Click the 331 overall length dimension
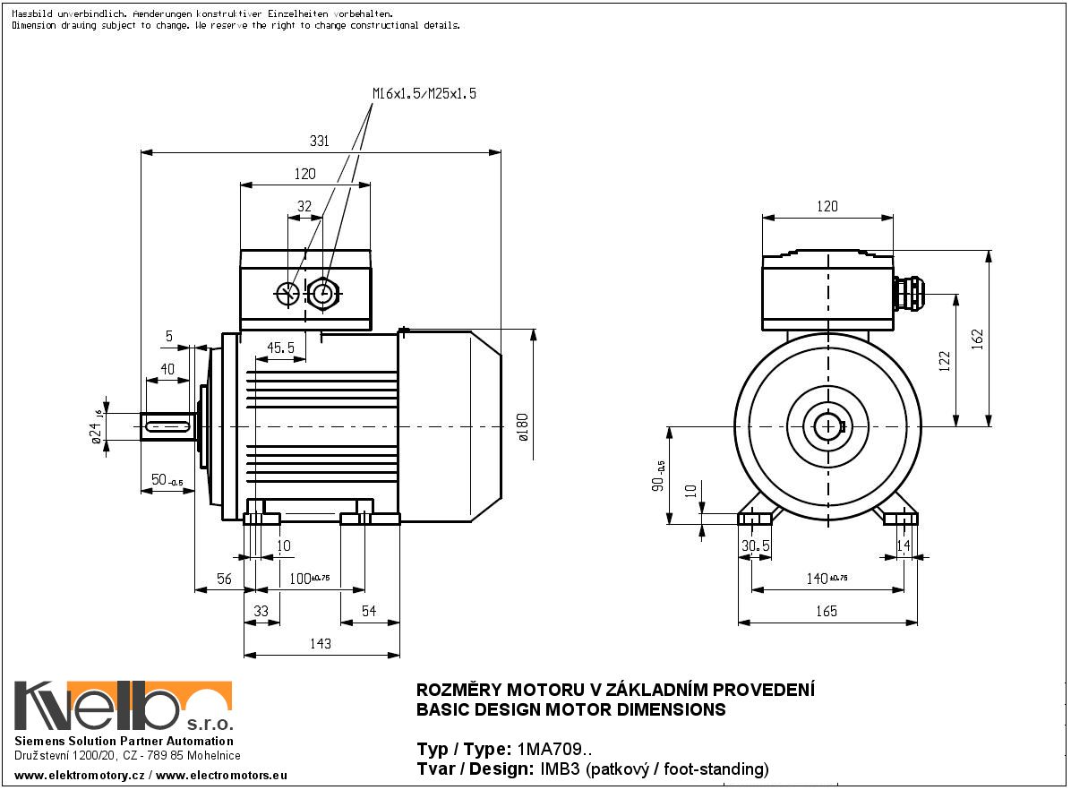click(320, 141)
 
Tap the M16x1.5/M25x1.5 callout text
click(424, 93)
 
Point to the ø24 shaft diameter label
click(94, 434)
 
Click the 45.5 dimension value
click(280, 348)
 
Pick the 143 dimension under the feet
click(320, 643)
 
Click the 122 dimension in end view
click(944, 360)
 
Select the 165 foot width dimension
click(827, 611)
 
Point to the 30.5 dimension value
click(756, 545)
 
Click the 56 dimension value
click(224, 579)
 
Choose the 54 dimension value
click(368, 611)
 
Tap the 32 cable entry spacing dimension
click(304, 206)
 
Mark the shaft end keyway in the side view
click(167, 427)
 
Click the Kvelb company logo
click(123, 707)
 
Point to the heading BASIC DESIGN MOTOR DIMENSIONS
click(571, 709)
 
